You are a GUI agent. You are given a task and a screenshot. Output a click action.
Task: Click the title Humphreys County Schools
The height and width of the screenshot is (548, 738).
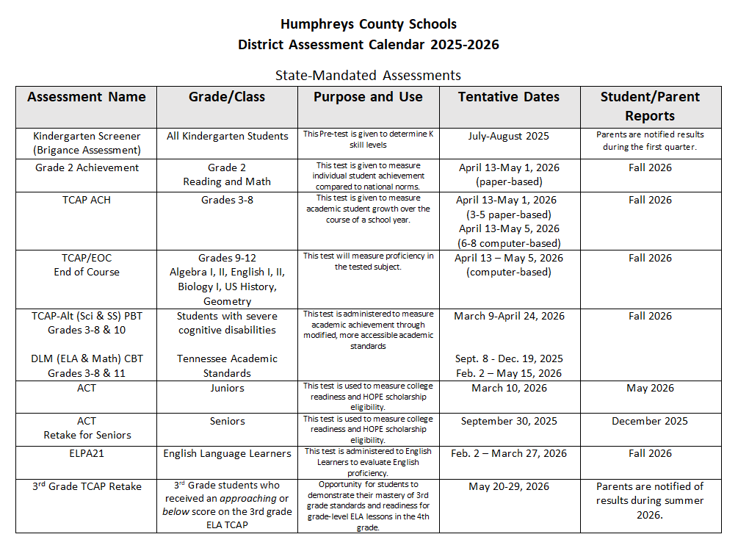(x=368, y=25)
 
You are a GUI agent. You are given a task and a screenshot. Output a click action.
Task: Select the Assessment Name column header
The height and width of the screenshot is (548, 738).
(x=87, y=97)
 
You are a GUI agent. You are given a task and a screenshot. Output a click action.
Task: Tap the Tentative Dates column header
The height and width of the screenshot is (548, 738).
(x=509, y=97)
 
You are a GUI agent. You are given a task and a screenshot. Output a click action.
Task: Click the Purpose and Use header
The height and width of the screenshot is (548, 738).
(x=368, y=97)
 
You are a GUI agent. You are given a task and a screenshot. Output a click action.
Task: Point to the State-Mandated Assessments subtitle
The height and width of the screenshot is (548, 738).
(x=368, y=75)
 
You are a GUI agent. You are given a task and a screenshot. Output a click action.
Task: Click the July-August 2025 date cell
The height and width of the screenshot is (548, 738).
(x=509, y=136)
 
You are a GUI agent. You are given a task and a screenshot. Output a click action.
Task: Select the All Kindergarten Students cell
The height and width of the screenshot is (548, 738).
(x=227, y=136)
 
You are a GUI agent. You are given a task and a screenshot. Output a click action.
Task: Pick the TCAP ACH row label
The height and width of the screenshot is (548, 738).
(x=87, y=200)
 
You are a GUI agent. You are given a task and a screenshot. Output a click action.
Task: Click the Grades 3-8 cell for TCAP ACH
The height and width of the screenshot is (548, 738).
(x=227, y=200)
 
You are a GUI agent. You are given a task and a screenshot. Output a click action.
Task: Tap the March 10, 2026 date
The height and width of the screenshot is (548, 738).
(x=509, y=388)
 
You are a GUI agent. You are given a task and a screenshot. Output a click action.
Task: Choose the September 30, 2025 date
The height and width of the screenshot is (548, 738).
(x=509, y=421)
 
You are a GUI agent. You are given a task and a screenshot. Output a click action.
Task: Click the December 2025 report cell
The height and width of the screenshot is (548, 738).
(x=650, y=421)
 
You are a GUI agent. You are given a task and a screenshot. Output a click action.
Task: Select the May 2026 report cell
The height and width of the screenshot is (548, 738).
(x=650, y=388)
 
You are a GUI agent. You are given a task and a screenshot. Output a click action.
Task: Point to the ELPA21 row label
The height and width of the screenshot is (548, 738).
(x=87, y=453)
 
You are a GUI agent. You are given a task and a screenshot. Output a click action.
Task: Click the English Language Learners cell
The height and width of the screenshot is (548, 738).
(x=227, y=453)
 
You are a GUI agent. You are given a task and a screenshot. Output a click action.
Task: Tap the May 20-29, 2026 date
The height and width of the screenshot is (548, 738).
(x=509, y=486)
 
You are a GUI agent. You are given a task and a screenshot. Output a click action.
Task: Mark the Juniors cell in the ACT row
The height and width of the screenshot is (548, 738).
(x=227, y=388)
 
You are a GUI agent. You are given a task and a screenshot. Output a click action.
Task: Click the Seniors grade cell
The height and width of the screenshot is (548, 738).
(x=227, y=421)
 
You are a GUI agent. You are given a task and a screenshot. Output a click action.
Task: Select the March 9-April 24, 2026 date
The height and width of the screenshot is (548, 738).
(x=509, y=316)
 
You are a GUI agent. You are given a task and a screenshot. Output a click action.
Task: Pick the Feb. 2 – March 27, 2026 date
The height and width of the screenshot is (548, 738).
(x=509, y=453)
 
